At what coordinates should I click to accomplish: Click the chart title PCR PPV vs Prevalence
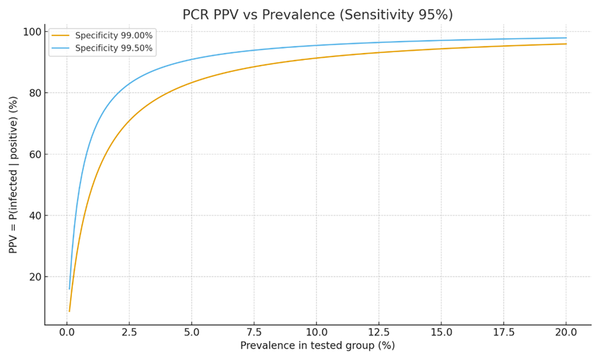[x=318, y=15]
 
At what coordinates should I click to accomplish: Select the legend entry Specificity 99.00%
[x=114, y=35]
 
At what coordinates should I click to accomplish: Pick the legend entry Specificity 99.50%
[x=114, y=49]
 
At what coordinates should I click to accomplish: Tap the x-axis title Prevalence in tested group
[x=318, y=345]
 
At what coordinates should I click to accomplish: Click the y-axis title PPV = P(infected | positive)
[x=13, y=174]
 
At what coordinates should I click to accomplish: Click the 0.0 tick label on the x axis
[x=66, y=332]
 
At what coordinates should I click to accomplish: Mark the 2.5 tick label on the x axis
[x=129, y=332]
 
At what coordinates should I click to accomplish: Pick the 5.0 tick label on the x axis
[x=191, y=332]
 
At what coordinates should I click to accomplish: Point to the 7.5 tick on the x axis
[x=254, y=332]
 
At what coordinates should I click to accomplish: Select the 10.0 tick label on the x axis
[x=316, y=332]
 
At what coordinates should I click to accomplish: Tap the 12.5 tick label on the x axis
[x=378, y=332]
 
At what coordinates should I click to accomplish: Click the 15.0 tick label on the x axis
[x=441, y=332]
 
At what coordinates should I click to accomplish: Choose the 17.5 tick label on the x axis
[x=503, y=332]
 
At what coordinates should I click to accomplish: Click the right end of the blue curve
[x=566, y=38]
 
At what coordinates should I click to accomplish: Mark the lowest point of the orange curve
[x=69, y=311]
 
